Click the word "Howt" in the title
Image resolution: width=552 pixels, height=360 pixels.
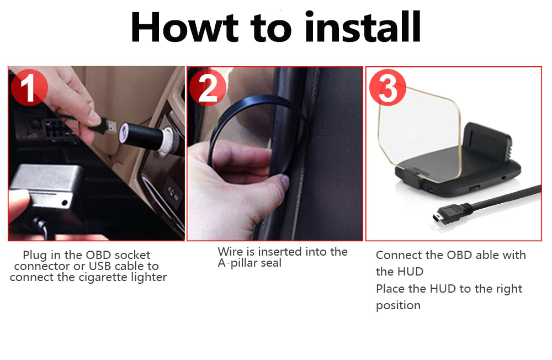[184, 27]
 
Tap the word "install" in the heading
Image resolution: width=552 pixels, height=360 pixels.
[363, 27]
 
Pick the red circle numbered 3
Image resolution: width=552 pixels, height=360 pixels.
[388, 88]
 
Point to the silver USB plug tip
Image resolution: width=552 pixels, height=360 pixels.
[110, 128]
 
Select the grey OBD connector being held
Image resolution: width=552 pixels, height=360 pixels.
[47, 188]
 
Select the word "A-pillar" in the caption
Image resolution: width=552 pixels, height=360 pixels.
[237, 263]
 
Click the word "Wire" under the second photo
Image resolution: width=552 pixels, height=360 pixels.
[230, 252]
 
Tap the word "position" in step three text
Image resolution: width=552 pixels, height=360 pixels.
[398, 305]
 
